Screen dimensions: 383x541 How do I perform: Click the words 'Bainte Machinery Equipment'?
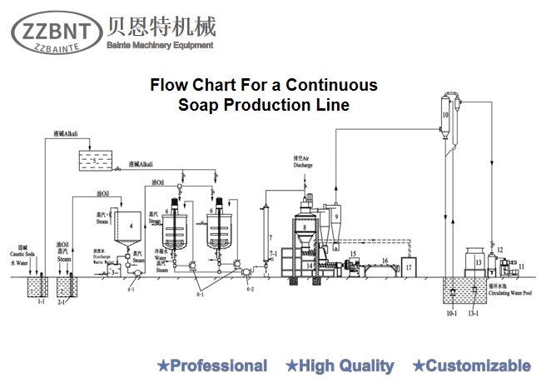point(160,45)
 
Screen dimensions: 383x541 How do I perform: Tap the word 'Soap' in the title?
point(198,106)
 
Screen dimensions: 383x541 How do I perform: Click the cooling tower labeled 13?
point(478,261)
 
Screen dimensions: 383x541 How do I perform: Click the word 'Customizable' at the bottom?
point(479,366)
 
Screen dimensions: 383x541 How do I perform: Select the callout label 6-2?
point(248,288)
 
